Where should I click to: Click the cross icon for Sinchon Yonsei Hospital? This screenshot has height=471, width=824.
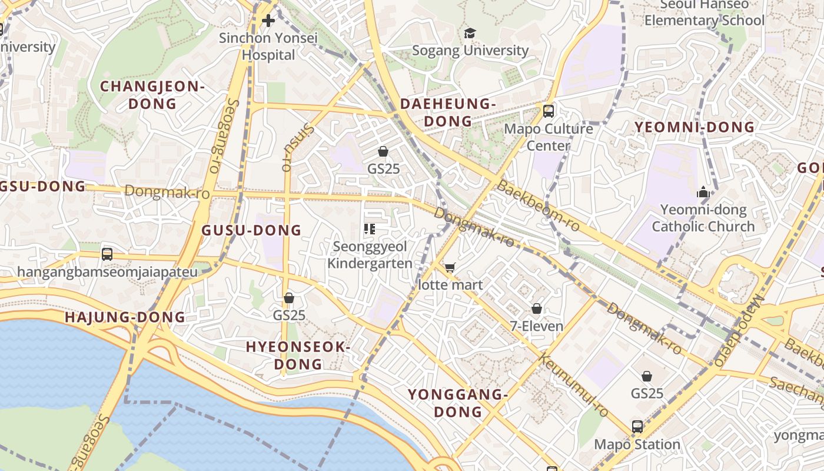[x=268, y=21]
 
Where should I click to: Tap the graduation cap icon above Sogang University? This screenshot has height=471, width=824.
[x=470, y=33]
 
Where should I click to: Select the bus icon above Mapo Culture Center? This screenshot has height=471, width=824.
[x=549, y=111]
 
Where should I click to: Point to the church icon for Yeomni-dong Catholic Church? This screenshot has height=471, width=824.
[x=703, y=192]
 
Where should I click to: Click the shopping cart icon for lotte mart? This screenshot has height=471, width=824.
[x=450, y=268]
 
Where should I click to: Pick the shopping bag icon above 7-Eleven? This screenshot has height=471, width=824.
[x=537, y=309]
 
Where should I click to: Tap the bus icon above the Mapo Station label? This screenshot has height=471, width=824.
[x=637, y=427]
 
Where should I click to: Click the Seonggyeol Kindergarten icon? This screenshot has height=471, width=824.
[x=370, y=228]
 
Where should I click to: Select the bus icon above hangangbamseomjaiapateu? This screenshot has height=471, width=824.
[x=107, y=254]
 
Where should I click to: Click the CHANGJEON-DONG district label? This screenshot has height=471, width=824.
[x=152, y=95]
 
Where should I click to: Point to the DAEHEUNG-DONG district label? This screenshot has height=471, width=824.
[x=448, y=112]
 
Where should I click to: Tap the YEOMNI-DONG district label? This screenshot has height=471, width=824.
[x=694, y=127]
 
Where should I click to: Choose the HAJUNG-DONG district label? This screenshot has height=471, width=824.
[x=125, y=317]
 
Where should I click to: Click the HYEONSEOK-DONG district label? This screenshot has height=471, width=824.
[x=298, y=355]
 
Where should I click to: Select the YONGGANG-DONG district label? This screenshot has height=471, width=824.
[x=458, y=403]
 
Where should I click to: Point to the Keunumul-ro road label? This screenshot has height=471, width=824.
[x=574, y=386]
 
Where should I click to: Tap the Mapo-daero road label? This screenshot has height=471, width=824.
[x=740, y=330]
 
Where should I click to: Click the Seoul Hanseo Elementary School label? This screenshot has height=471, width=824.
[x=704, y=13]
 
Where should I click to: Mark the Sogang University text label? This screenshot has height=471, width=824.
[x=470, y=51]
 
